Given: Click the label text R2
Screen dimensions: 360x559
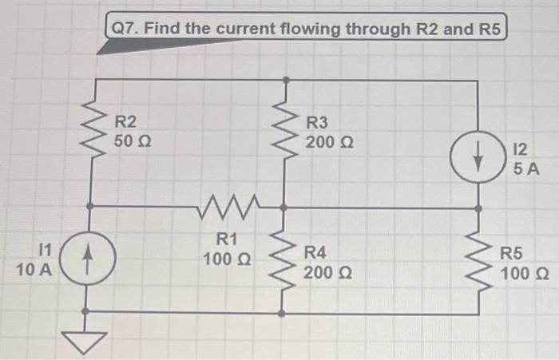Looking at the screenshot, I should click(x=126, y=122).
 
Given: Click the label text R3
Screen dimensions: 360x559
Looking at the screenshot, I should click(x=317, y=122).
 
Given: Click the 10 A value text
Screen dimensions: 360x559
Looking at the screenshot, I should click(x=34, y=270).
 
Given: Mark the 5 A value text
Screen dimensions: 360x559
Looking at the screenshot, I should click(x=526, y=169).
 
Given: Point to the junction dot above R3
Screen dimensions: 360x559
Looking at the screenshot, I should click(x=286, y=80).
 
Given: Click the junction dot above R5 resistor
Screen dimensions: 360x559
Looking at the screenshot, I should click(x=479, y=208).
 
